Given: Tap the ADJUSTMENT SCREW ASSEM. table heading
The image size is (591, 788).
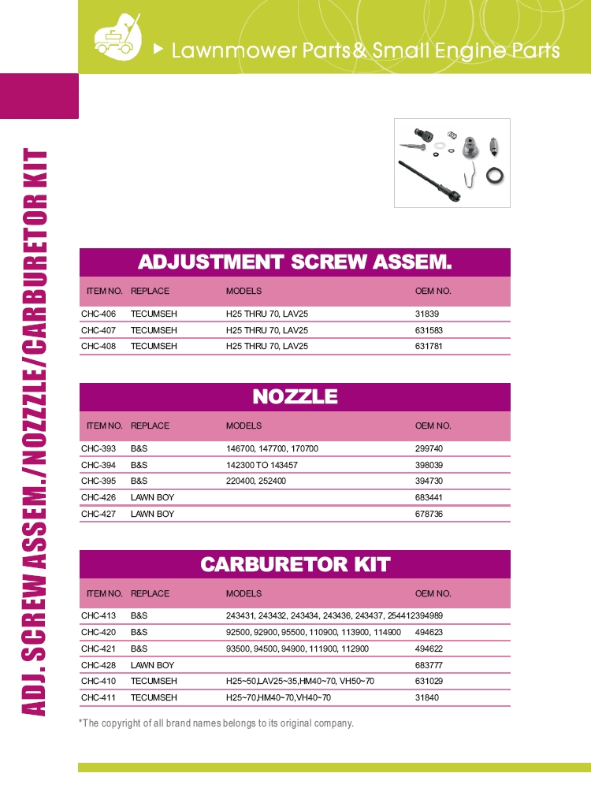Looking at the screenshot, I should point(295,262).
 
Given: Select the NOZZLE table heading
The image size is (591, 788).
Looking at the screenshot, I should point(295,396).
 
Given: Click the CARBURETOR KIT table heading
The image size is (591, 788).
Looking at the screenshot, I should point(295,564).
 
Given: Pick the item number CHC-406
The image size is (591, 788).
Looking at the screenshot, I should point(98,314).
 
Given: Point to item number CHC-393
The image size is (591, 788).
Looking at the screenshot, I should point(98,448).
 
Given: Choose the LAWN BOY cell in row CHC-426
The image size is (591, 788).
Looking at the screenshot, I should point(152,497).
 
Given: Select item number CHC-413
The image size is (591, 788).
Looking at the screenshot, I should point(98,616).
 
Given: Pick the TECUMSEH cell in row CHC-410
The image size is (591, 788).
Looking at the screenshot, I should point(154,682).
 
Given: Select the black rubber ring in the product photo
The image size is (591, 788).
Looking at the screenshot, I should point(495,175).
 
